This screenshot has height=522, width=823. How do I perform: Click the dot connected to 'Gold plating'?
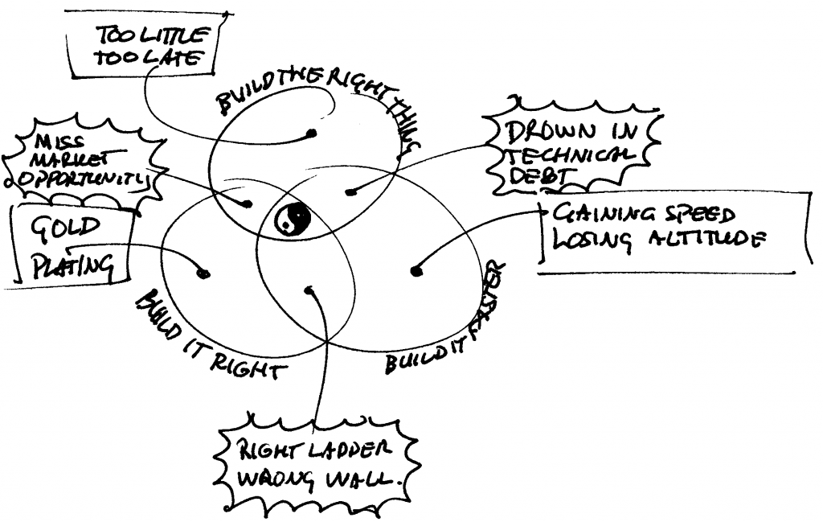point(203,273)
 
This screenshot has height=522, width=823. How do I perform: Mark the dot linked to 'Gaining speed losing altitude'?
point(416,271)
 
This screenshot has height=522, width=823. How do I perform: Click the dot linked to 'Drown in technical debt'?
point(349,191)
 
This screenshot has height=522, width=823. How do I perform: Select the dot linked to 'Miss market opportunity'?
point(248,204)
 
